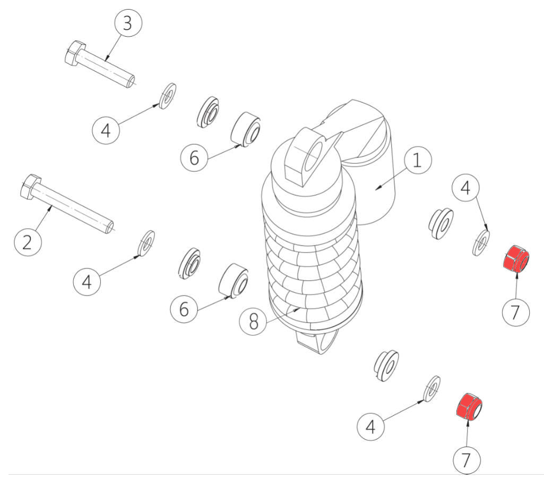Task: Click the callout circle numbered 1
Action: click(418, 160)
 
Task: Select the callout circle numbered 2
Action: click(28, 242)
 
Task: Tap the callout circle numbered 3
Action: click(128, 23)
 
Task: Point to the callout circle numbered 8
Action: click(254, 321)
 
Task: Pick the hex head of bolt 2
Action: click(31, 187)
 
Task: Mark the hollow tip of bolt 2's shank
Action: click(109, 228)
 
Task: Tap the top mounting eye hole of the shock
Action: click(313, 157)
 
